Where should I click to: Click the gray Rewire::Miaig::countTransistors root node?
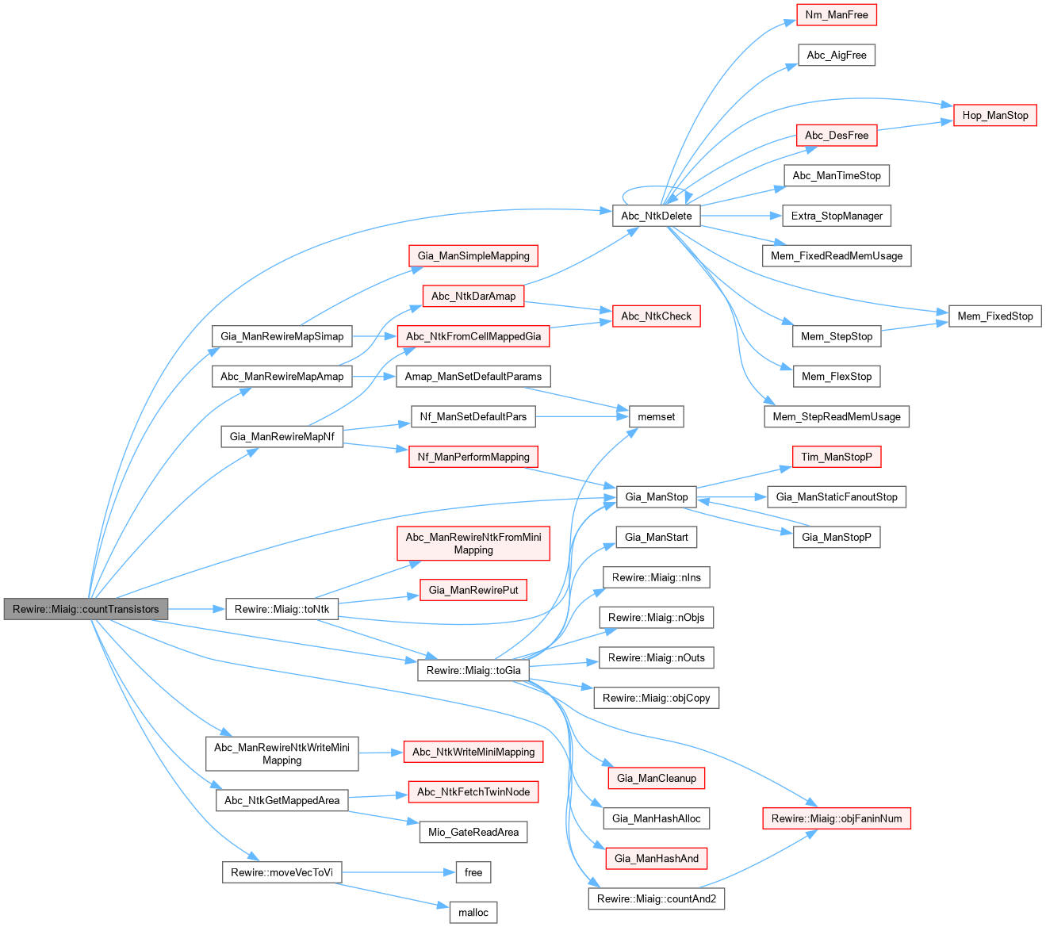[86, 609]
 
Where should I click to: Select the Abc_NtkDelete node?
[656, 216]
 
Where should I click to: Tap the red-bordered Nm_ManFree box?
[837, 15]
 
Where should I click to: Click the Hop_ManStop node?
[995, 115]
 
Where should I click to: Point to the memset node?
[657, 416]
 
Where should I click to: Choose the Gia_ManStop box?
[656, 497]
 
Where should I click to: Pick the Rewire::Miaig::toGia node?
[473, 670]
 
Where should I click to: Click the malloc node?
[473, 912]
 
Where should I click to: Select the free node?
[473, 872]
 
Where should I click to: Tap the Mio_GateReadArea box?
[473, 832]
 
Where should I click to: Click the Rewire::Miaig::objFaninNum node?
[837, 818]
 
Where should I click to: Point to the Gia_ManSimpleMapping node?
[473, 255]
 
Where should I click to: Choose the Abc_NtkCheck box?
[656, 316]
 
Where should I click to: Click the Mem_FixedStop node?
[995, 316]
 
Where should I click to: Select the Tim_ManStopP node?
[837, 457]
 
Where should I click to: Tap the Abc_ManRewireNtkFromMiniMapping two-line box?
[473, 543]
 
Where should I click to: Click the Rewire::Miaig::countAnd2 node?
[656, 898]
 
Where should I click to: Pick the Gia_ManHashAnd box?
[656, 858]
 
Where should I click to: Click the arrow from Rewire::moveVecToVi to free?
[397, 872]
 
